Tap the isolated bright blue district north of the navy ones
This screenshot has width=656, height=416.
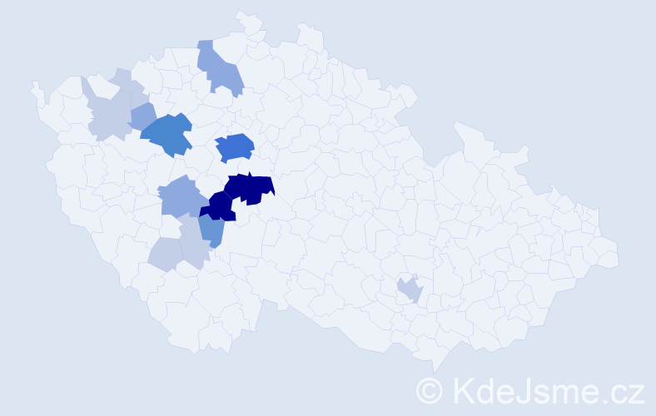(x=234, y=147)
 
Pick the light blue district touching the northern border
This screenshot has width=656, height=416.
(x=220, y=68)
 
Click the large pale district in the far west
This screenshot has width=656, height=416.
(x=109, y=116)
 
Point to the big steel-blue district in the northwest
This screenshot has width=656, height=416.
(x=167, y=134)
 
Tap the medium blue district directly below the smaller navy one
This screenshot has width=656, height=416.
(x=211, y=231)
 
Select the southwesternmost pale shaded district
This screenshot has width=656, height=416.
(x=164, y=255)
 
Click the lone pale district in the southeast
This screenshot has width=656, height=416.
(x=410, y=290)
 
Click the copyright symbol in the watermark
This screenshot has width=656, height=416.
(x=430, y=389)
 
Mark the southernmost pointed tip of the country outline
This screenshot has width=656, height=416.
(x=435, y=371)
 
